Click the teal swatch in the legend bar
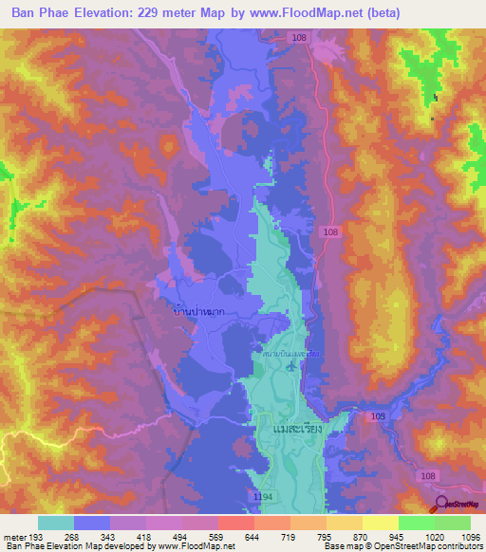click(56, 523)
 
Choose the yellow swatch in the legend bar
click(380, 523)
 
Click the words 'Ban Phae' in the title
click(40, 12)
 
